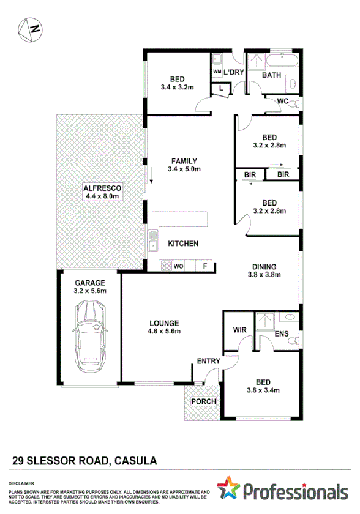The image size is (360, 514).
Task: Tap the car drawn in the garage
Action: (x=90, y=339)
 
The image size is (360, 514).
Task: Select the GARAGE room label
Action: (x=90, y=283)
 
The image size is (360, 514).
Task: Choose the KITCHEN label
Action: (x=183, y=244)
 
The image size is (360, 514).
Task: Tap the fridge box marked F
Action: (x=205, y=267)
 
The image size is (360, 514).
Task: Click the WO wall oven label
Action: (x=179, y=267)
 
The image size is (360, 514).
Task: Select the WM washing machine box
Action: (x=217, y=72)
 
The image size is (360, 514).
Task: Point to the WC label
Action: (x=282, y=101)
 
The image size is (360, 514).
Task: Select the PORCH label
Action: (x=204, y=402)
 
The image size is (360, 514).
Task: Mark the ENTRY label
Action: (x=208, y=361)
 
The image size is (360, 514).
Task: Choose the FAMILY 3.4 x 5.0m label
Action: (x=184, y=165)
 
